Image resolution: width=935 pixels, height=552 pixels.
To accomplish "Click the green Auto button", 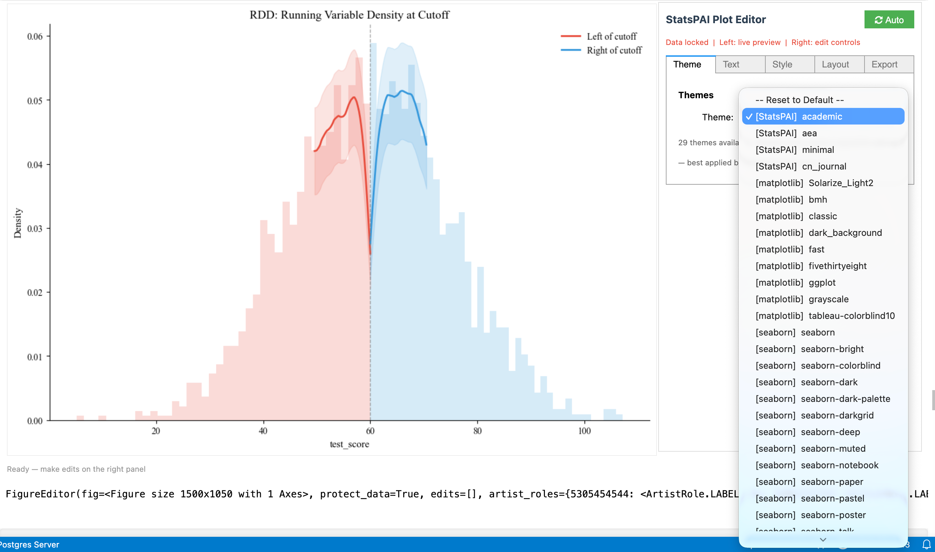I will [889, 20].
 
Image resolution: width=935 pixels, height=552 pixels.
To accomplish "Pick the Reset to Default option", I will [799, 100].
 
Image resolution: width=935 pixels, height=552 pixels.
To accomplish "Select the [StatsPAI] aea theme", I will [786, 133].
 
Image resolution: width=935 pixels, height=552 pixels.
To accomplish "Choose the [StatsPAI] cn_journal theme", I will [801, 166].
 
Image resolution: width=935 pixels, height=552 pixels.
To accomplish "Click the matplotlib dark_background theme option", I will [818, 233].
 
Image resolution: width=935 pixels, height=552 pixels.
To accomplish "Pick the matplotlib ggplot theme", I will [795, 283].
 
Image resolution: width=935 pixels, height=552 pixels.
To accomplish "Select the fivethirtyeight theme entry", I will [811, 266].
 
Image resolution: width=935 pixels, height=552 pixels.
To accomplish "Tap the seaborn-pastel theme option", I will [810, 498].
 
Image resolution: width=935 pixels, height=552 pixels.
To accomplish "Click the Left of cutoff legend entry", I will [611, 36].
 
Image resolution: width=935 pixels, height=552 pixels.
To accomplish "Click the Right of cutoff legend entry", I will [614, 50].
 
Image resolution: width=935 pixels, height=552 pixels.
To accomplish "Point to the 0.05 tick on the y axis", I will [35, 101].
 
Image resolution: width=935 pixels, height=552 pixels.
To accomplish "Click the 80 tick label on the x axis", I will [477, 431].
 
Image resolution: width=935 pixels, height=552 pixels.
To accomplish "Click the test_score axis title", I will [349, 444].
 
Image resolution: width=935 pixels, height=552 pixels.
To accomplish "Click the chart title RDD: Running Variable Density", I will [349, 15].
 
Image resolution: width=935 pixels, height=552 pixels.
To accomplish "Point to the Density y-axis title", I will [18, 223].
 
